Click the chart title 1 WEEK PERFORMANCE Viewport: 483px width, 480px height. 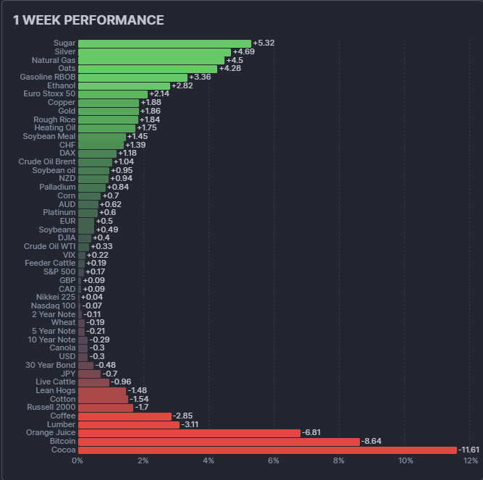coord(88,20)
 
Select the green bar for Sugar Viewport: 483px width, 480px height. coord(164,43)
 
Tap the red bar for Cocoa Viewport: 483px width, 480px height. coord(267,450)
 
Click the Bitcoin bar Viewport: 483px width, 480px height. coord(219,441)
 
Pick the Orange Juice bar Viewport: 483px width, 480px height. coord(189,433)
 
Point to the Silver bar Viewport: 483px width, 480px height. coord(154,52)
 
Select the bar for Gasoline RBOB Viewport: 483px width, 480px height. coord(133,77)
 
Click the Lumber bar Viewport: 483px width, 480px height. coord(129,424)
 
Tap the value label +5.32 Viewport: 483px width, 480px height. coord(264,43)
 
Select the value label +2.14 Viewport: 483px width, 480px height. coord(159,94)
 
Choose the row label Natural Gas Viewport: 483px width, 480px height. coord(54,60)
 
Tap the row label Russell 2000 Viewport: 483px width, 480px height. coord(53,407)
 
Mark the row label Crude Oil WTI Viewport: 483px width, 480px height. coord(49,246)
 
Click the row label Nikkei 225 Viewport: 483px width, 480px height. coord(56,297)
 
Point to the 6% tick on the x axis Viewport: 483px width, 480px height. coord(274,461)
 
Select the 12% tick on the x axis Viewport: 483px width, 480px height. coord(470,461)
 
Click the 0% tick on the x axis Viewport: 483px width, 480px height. coord(77,461)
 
